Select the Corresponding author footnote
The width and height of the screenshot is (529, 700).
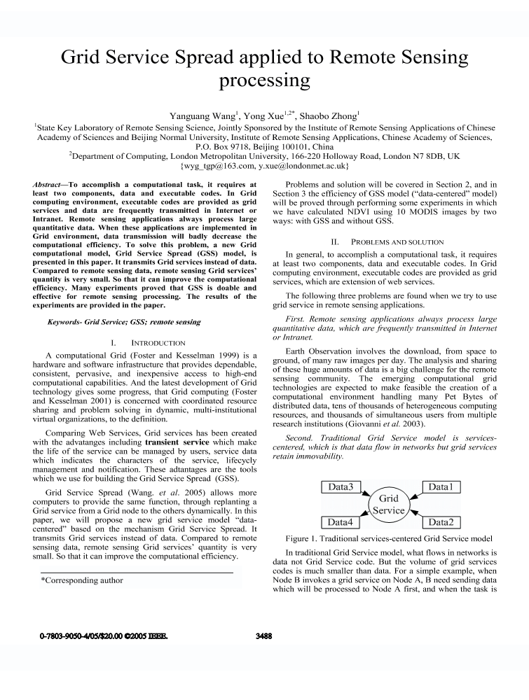pos(82,580)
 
